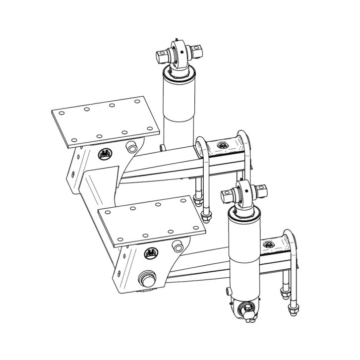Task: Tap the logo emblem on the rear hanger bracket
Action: tap(105, 154)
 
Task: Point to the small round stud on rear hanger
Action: tap(131, 148)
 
